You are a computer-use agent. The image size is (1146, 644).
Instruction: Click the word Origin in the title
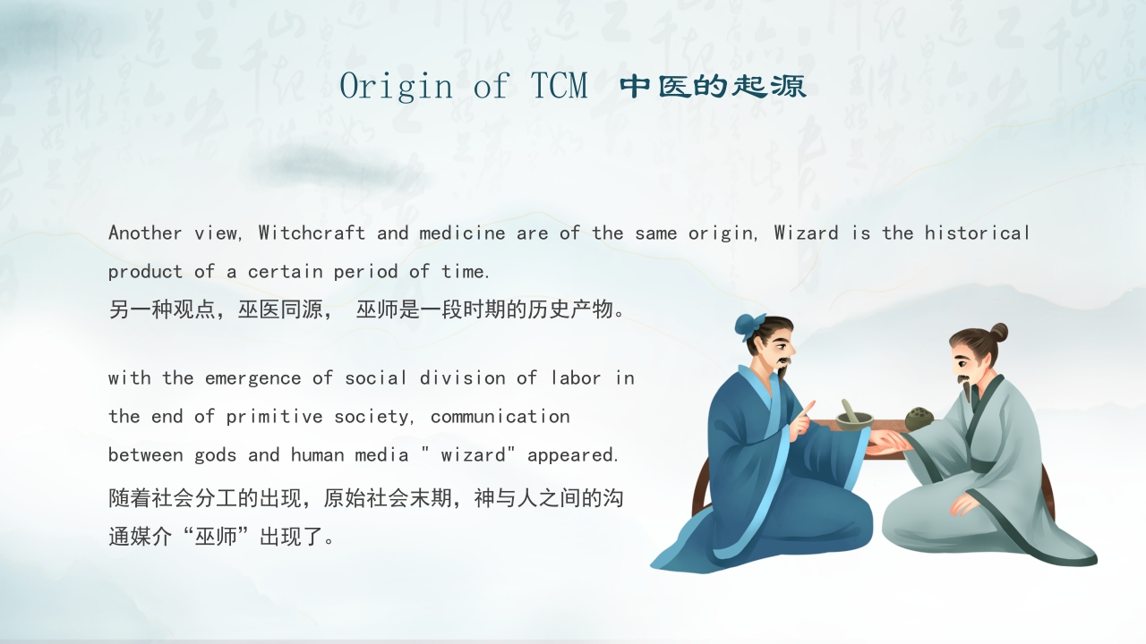tap(396, 86)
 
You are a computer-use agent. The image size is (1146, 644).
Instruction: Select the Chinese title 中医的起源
tap(713, 87)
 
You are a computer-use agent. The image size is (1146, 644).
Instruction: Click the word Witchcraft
tap(312, 233)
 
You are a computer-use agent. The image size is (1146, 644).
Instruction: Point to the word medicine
tap(462, 233)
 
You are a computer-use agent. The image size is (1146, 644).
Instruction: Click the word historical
tap(977, 233)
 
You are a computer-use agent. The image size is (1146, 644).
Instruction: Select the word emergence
tap(252, 378)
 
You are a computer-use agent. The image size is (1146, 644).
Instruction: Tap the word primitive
tap(274, 417)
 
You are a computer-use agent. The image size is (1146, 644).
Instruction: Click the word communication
tap(500, 417)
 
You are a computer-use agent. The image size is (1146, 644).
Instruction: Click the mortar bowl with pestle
tap(853, 416)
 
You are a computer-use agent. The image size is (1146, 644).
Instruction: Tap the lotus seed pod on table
tap(919, 418)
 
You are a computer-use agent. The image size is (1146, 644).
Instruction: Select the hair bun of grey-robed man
tap(997, 334)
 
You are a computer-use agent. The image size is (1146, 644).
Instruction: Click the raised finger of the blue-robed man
tap(807, 411)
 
